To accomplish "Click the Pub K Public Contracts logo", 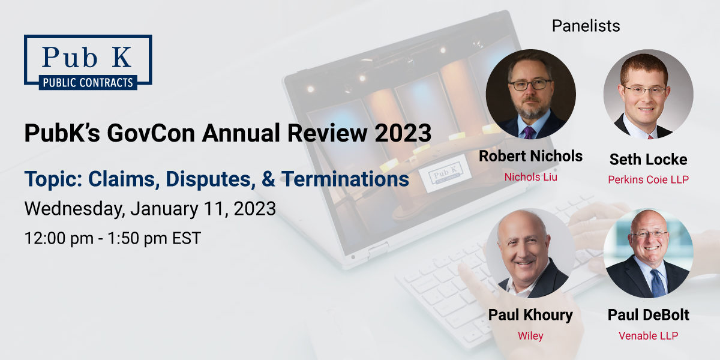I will [x=88, y=62].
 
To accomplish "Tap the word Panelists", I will [x=586, y=26].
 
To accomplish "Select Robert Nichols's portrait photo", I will [x=530, y=94].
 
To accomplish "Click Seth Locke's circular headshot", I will [x=648, y=94].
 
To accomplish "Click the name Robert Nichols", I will [x=530, y=157].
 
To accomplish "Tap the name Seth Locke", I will [x=648, y=159].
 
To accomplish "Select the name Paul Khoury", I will [x=530, y=315].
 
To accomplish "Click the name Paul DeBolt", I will [x=648, y=315].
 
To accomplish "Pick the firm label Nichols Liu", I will [x=530, y=177].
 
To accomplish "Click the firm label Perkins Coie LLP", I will [x=648, y=179].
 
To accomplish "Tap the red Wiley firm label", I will [x=530, y=335].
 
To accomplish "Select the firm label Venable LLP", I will [x=648, y=335].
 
